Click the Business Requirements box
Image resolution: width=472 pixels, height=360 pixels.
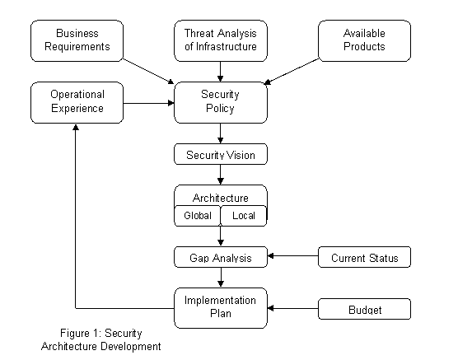point(77,41)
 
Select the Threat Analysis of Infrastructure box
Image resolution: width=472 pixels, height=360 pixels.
point(221,41)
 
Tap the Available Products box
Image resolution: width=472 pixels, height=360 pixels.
point(364,41)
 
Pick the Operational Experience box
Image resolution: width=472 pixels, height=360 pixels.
point(77,102)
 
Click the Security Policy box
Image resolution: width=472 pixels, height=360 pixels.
point(221,102)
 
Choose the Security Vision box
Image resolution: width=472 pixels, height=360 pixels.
point(221,154)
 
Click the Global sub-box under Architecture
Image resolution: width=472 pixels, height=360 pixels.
point(198,216)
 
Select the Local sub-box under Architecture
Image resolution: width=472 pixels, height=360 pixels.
point(244,216)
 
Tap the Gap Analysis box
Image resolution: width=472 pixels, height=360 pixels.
point(221,257)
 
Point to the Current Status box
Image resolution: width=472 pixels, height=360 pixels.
point(364,257)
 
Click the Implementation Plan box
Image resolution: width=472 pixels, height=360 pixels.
point(221,308)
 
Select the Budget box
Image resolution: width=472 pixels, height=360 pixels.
point(364,309)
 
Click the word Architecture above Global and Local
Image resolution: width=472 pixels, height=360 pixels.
point(221,198)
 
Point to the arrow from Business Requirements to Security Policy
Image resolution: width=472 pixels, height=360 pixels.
point(149,72)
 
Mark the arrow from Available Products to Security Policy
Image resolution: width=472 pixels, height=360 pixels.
point(292,72)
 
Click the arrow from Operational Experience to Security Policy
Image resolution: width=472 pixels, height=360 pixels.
point(149,103)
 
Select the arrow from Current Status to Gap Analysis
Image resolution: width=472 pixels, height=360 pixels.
point(293,256)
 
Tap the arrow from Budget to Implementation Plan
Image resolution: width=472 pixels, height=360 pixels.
point(293,308)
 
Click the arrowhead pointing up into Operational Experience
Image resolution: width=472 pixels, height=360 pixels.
point(76,128)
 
